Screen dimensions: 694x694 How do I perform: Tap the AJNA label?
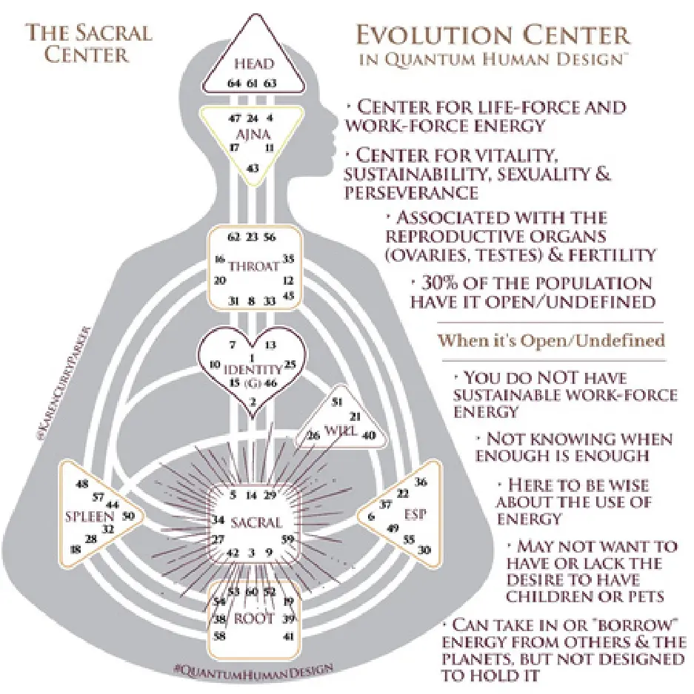coord(253,135)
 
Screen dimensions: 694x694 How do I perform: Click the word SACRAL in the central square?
coord(256,522)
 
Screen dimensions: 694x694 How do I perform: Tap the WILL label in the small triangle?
coord(338,431)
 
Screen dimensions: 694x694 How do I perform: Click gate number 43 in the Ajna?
coord(253,169)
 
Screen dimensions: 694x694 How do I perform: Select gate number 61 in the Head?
coord(252,84)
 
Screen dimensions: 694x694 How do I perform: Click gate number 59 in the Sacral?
coord(288,539)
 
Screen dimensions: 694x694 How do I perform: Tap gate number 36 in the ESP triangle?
coord(421,482)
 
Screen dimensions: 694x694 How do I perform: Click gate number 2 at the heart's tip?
coord(253,402)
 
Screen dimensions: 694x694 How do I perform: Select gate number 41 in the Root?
coord(288,636)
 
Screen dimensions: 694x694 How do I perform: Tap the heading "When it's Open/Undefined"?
coord(551,341)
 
